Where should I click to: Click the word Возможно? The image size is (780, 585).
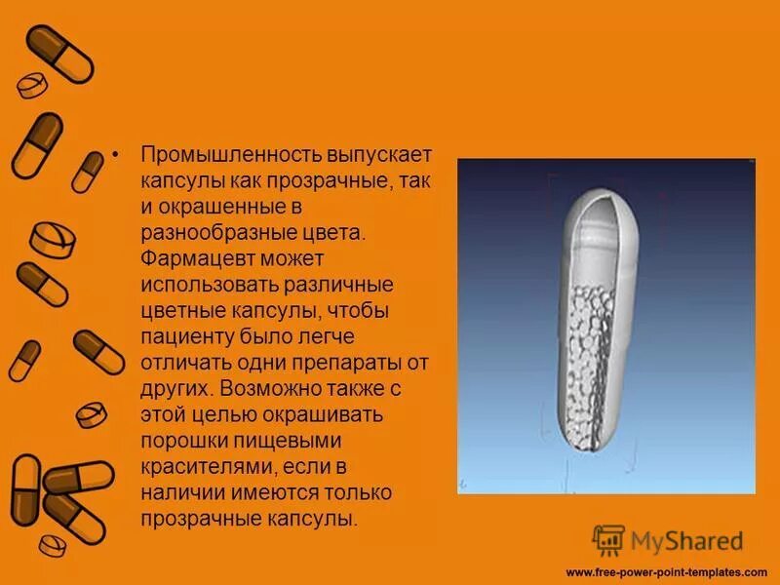pyautogui.click(x=267, y=388)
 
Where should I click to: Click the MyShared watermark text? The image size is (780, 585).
pyautogui.click(x=687, y=539)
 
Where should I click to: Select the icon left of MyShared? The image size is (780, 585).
pyautogui.click(x=608, y=540)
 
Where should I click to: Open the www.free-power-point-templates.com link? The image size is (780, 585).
pyautogui.click(x=666, y=571)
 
